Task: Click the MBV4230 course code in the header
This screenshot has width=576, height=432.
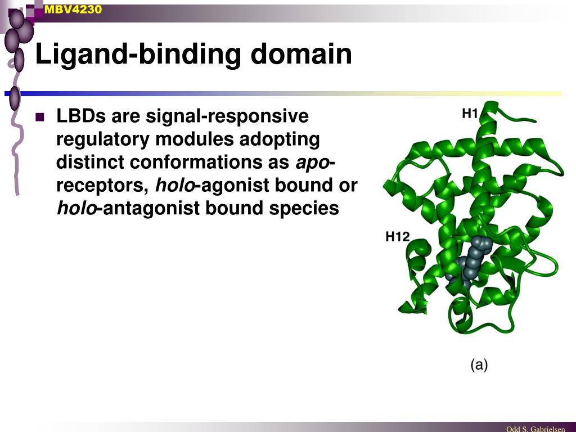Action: [73, 9]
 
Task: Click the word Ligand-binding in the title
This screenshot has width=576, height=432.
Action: [137, 55]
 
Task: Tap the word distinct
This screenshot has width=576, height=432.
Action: [90, 163]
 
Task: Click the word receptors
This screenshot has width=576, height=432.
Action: [102, 186]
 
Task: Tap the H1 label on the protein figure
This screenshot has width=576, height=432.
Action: [470, 114]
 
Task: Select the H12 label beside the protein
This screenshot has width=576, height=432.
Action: [397, 237]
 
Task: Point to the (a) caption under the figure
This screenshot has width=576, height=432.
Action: [479, 364]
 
